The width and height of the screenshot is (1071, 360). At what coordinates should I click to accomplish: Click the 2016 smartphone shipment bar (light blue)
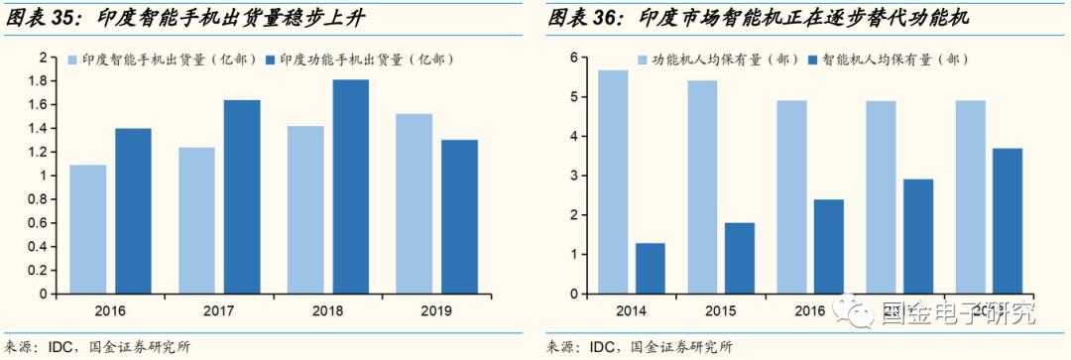(x=87, y=229)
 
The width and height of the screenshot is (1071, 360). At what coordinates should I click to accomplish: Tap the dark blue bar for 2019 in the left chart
(x=459, y=216)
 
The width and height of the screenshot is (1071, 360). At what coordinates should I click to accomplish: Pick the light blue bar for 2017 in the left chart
(x=197, y=220)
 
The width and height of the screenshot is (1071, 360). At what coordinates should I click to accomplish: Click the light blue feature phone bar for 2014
(x=613, y=182)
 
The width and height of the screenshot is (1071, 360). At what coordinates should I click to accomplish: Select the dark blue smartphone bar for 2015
(x=739, y=258)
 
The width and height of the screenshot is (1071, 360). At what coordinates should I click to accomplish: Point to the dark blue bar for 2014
(x=650, y=268)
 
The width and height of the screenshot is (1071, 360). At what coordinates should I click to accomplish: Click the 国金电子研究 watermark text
(x=957, y=315)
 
